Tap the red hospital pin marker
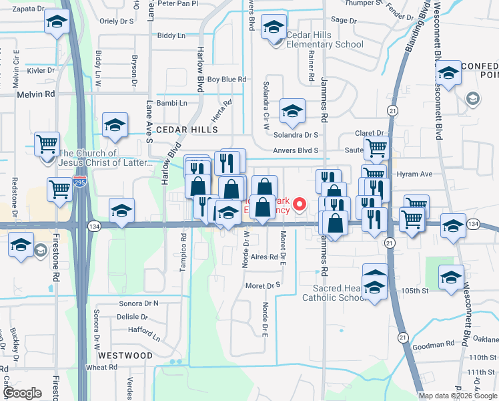click(x=300, y=203)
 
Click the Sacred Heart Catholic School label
click(x=338, y=293)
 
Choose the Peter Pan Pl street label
click(x=178, y=3)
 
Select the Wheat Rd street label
click(x=101, y=368)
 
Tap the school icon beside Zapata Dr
click(x=57, y=22)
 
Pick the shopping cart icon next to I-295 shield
click(x=59, y=189)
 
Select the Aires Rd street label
click(x=264, y=257)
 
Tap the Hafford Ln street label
click(x=145, y=329)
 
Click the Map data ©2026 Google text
click(x=457, y=396)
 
